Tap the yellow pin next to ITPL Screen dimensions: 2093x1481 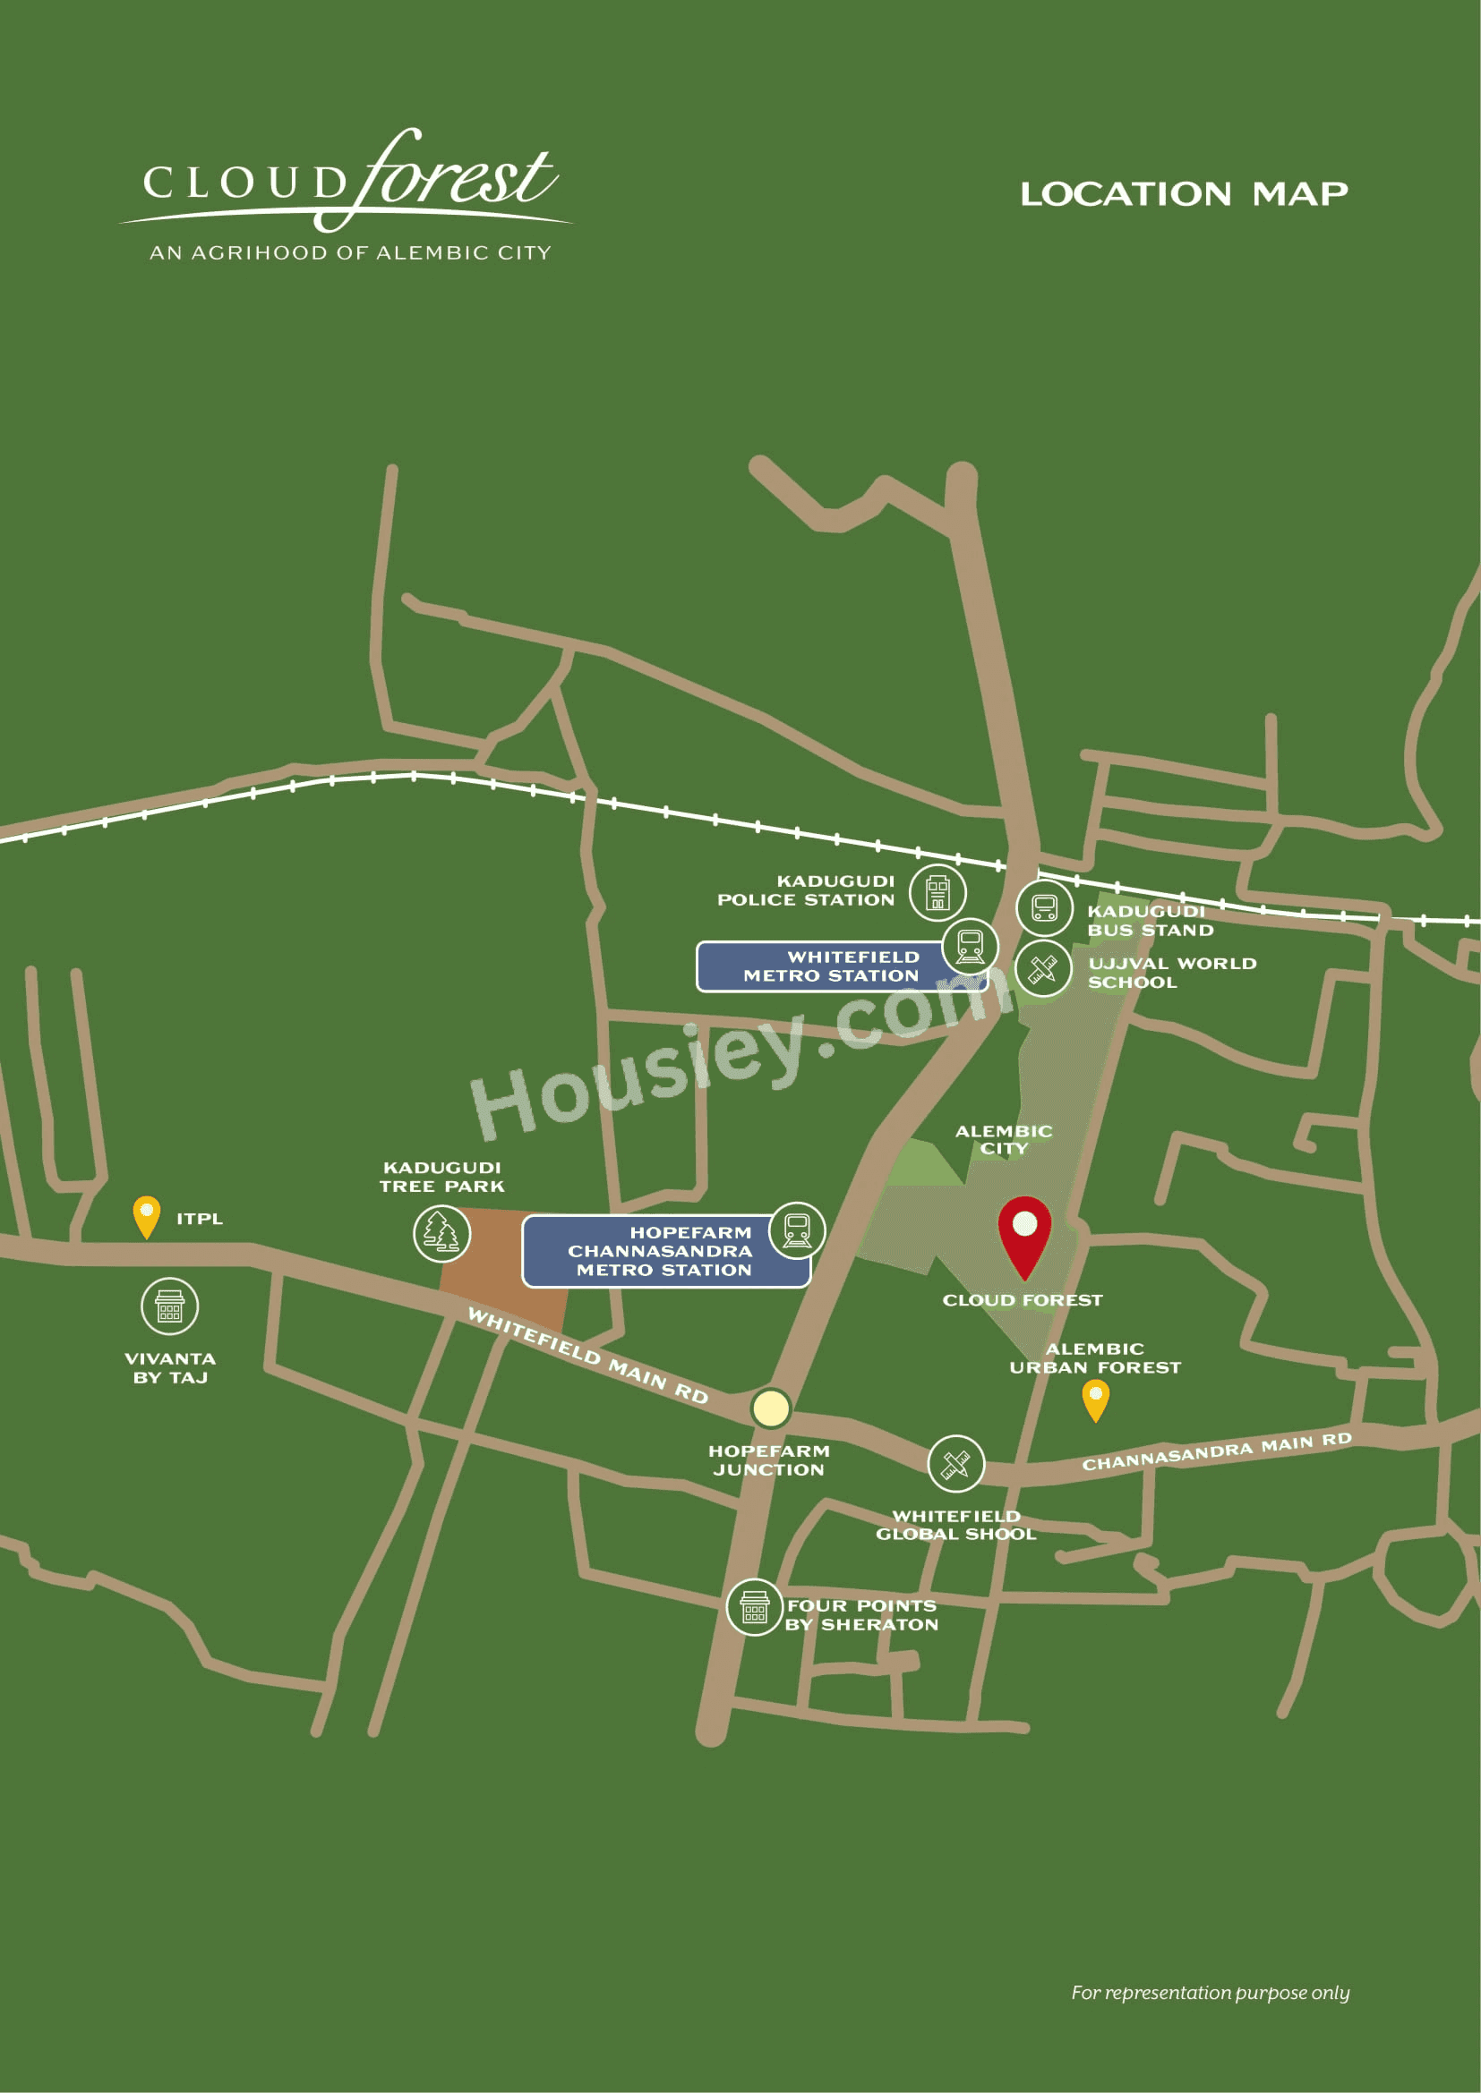pos(146,1215)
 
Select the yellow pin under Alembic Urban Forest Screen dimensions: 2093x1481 pos(1095,1399)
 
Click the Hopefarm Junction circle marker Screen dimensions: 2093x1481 pos(771,1408)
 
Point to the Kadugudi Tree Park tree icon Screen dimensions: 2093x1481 pos(442,1232)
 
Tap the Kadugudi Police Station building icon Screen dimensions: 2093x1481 pos(937,891)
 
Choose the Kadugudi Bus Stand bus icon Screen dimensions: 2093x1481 pos(1044,908)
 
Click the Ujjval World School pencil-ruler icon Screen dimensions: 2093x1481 pos(1043,969)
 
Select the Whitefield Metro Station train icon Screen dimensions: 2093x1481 pos(971,946)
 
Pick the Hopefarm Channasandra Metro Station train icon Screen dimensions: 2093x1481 pos(797,1229)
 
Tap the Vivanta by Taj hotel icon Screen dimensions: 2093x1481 pos(169,1306)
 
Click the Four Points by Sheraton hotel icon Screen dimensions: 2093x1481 pos(754,1607)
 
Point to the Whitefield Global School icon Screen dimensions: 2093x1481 pos(955,1464)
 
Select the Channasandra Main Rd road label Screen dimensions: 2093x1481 pos(1217,1451)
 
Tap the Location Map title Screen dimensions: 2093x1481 pos(1184,194)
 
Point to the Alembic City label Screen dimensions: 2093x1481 pos(1003,1139)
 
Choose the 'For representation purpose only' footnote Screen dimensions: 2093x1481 pos(1211,1992)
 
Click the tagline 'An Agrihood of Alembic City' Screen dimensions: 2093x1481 pos(350,252)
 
